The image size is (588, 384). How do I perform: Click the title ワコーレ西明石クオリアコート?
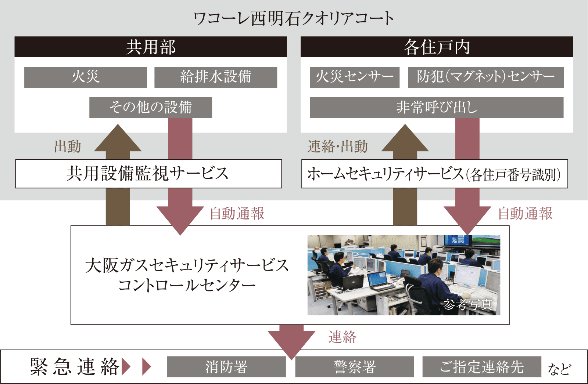coord(293,18)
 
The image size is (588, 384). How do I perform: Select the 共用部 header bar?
coord(151,47)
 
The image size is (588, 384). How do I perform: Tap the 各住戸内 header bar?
coord(437,47)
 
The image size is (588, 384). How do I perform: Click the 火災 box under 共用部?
coord(86,77)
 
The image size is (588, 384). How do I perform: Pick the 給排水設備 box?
coord(216,77)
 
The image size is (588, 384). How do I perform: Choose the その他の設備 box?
coord(151,107)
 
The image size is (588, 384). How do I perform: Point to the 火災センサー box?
coord(355,77)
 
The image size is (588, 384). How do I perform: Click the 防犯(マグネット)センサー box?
coord(485,77)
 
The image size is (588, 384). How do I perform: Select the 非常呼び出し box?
coord(437,107)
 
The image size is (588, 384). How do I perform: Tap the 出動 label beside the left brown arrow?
coord(68,146)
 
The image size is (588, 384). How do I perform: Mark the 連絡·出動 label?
coord(337,146)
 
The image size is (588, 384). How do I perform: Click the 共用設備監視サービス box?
coord(148,174)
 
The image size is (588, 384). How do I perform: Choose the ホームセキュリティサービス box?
coord(435,174)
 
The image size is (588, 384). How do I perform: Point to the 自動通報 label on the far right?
coord(525,213)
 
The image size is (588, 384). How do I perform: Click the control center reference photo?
coord(404,275)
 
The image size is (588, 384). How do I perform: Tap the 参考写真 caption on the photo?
coord(467,304)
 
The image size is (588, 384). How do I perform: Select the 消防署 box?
coord(226,367)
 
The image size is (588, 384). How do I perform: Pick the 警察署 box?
coord(355,367)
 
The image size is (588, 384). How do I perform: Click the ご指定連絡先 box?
coord(482,367)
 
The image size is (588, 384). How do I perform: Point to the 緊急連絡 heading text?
coord(75,367)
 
